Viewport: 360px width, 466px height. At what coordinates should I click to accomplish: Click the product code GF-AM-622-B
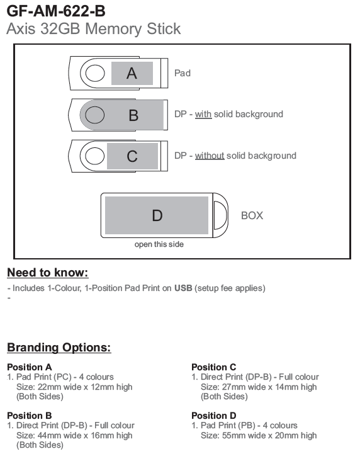56,11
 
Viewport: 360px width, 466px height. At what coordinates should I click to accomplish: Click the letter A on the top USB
132,73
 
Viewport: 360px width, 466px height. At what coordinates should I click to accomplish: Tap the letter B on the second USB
133,115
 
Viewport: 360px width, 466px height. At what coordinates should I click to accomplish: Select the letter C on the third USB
132,156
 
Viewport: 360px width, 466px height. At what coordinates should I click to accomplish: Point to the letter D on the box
157,215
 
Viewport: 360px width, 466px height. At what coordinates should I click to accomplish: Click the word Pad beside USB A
183,73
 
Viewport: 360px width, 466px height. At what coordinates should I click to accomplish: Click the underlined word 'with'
203,114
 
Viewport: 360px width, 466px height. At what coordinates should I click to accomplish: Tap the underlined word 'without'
210,156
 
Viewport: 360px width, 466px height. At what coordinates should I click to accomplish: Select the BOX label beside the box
252,215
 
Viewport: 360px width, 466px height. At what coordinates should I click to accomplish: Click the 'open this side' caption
159,244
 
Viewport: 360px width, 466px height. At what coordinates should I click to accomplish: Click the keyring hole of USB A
95,73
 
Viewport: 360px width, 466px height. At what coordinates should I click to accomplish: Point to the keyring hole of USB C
95,156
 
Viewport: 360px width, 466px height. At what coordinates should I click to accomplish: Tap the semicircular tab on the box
220,215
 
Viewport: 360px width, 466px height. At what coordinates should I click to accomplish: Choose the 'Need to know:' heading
48,273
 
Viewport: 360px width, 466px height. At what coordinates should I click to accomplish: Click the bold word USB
183,288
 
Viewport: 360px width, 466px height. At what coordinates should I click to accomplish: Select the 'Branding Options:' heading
59,348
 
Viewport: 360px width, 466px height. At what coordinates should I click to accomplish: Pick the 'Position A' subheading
30,367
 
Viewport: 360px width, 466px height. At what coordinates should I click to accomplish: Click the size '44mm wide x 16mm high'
74,435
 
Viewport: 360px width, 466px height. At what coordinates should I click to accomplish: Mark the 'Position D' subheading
214,416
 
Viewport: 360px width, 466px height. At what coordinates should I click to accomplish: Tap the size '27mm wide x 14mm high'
259,387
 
